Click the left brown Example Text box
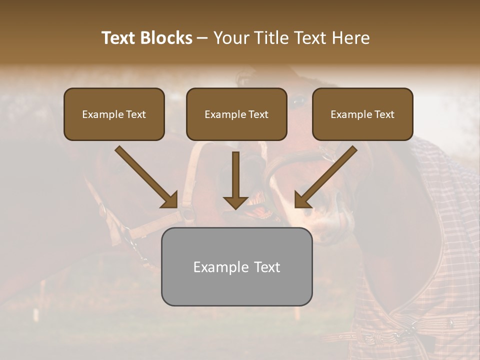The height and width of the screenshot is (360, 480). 114,114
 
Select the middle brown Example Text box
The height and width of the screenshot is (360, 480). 236,114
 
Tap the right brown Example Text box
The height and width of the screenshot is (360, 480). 362,114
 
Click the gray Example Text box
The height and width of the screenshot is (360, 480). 236,266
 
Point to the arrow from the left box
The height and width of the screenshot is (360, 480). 145,176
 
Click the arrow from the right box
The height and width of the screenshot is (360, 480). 326,176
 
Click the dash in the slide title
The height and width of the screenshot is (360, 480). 203,38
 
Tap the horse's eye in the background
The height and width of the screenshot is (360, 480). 298,101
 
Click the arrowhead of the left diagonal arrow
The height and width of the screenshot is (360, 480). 170,200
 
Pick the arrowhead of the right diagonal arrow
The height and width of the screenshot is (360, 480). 301,200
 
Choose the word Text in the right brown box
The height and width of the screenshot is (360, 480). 384,114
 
